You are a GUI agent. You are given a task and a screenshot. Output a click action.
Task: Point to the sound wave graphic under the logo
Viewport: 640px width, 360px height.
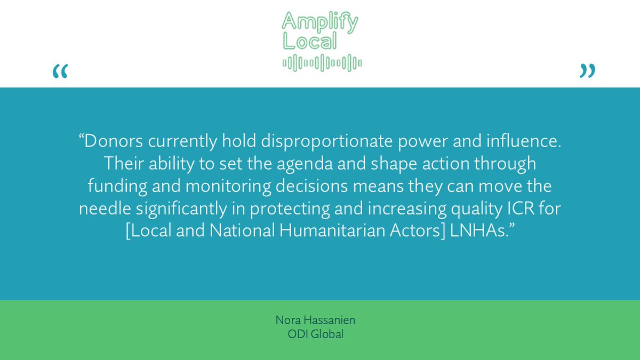coord(322,63)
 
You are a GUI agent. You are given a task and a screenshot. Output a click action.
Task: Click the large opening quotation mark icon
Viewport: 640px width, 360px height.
coord(60,71)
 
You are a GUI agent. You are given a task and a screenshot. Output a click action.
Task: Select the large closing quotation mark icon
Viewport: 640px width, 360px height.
coord(587,71)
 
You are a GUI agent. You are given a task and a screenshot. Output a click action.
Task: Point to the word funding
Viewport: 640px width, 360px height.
coord(114,187)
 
